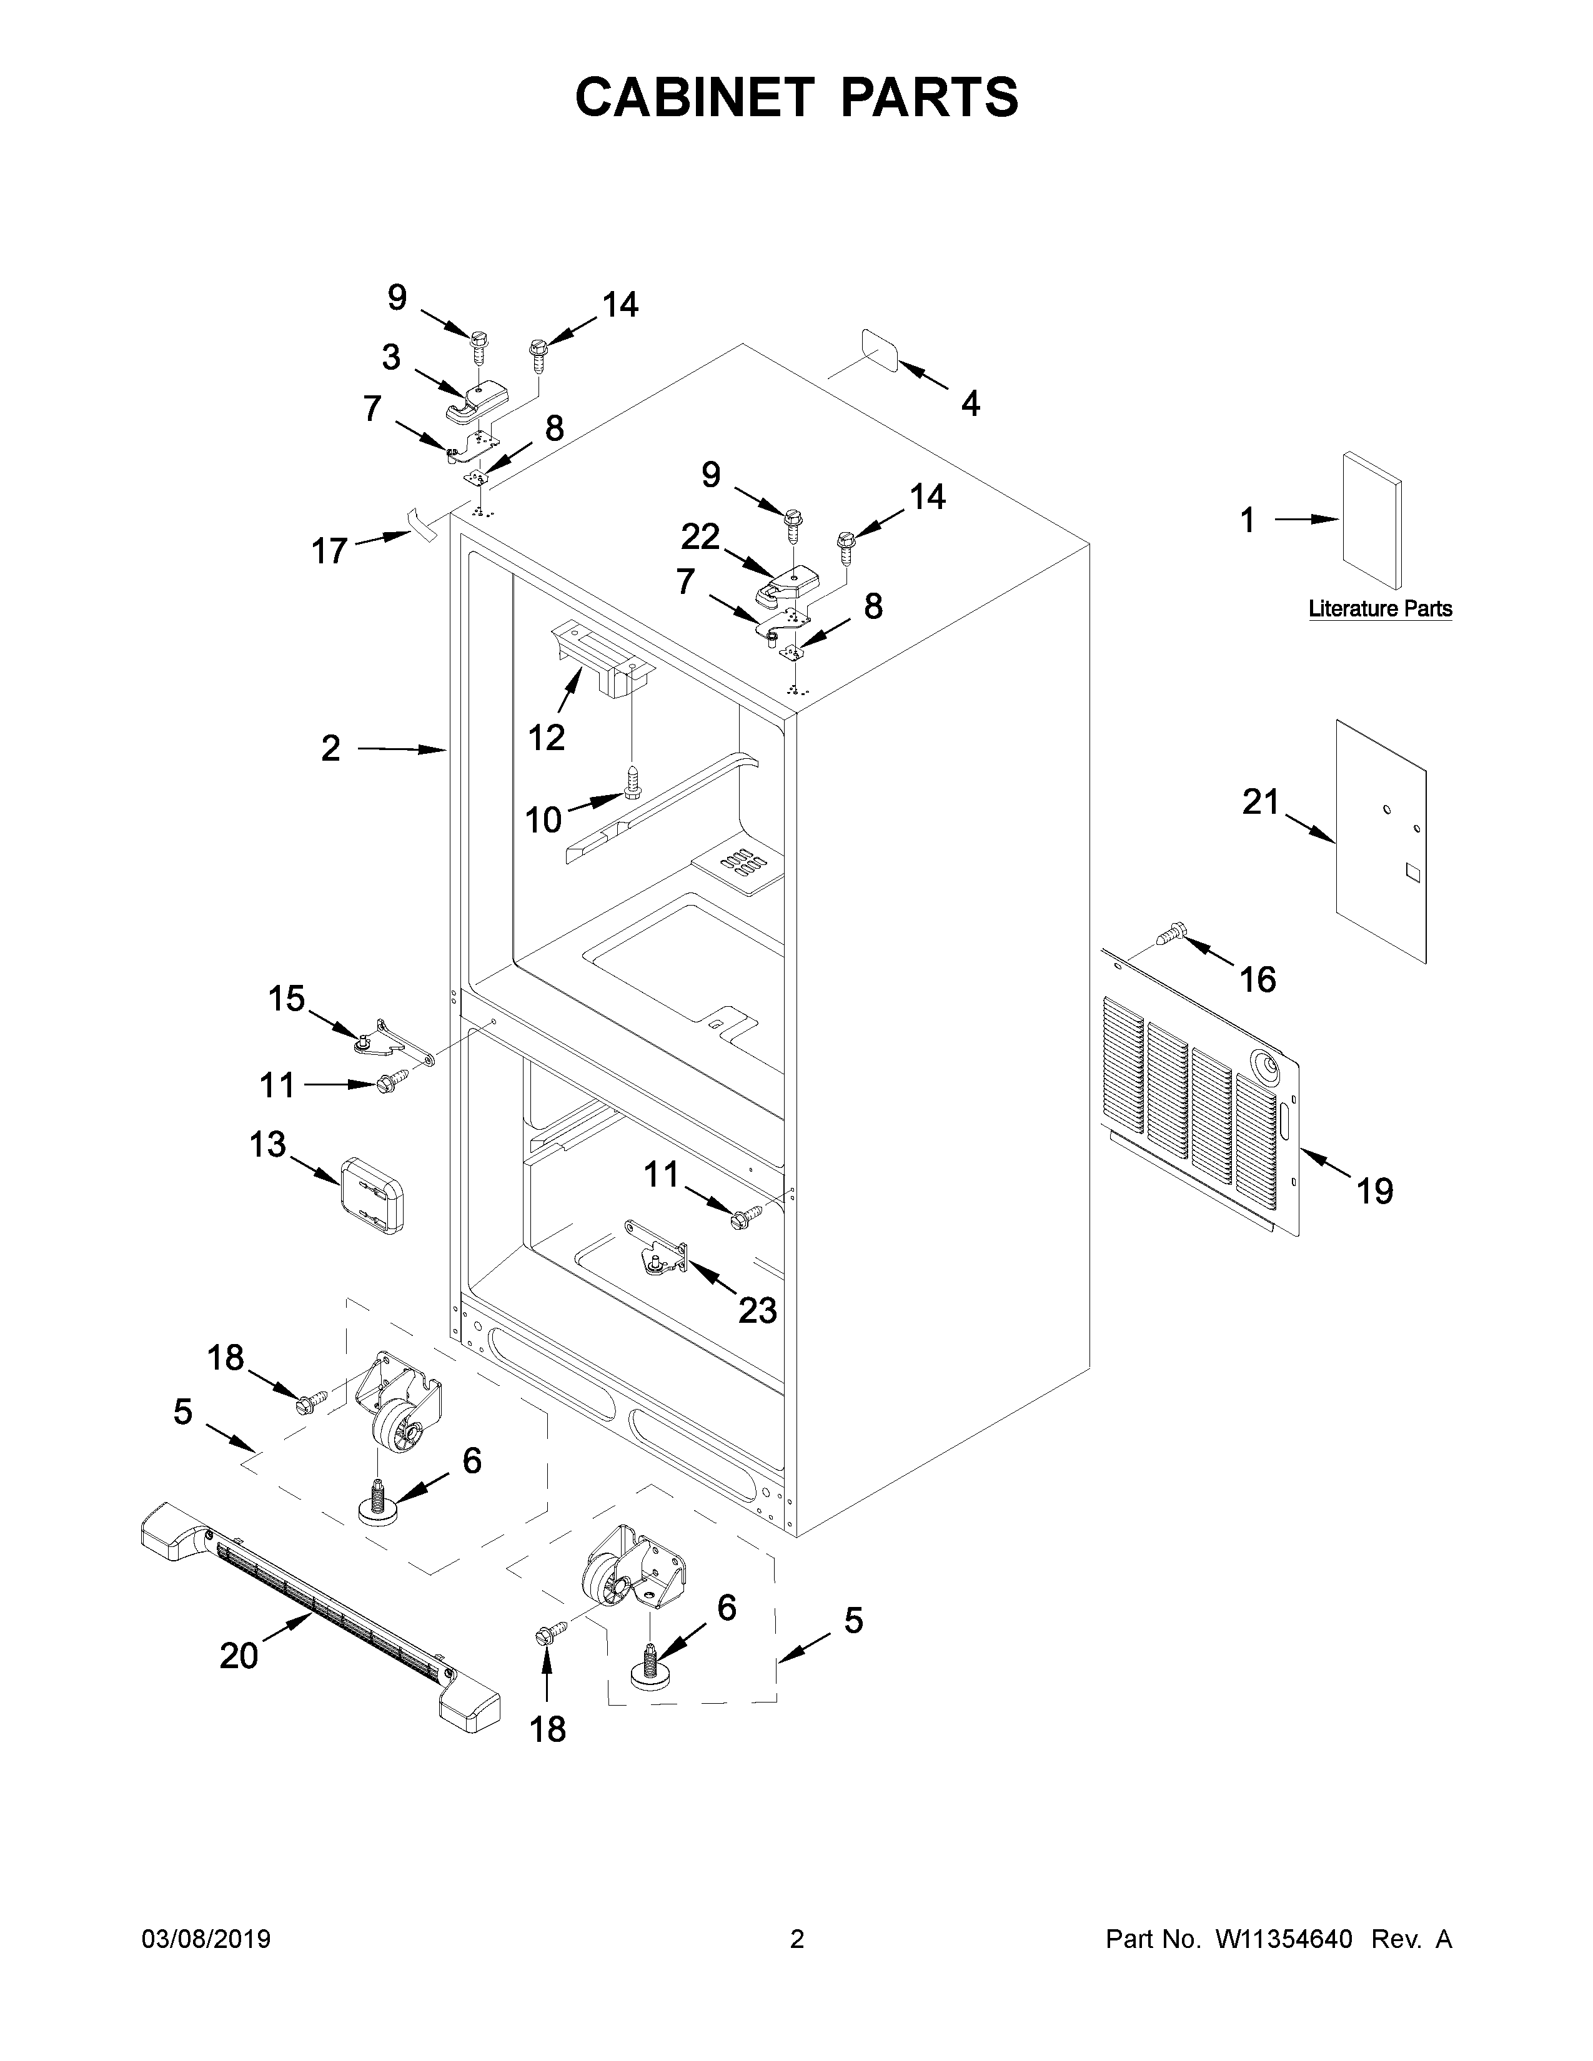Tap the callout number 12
click(x=547, y=737)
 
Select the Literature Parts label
click(x=1380, y=609)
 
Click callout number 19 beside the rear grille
click(x=1375, y=1191)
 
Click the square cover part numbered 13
click(x=371, y=1195)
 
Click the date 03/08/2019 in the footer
click(x=206, y=1939)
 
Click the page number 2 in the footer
click(x=797, y=1939)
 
